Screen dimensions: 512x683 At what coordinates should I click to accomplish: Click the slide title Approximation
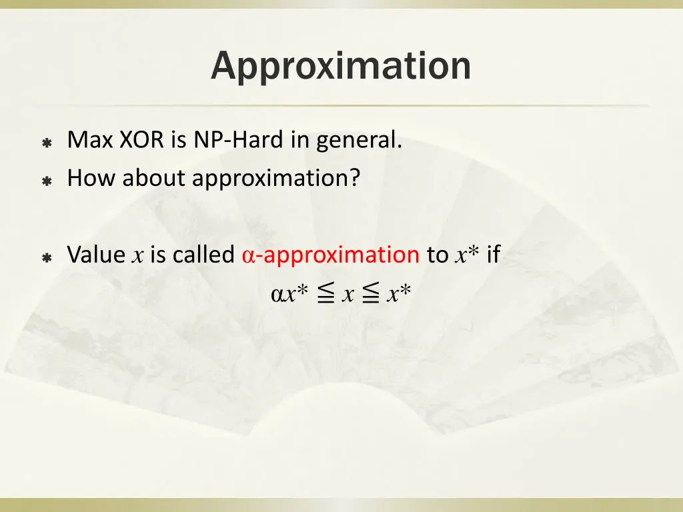point(341,66)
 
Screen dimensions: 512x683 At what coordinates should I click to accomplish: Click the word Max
point(91,141)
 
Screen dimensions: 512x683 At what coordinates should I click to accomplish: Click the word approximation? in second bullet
point(276,179)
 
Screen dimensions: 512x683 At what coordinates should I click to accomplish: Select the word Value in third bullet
point(96,255)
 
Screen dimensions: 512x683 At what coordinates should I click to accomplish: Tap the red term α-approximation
point(329,255)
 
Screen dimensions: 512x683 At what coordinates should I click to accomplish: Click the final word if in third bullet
point(493,255)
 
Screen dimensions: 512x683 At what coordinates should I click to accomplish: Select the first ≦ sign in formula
point(325,294)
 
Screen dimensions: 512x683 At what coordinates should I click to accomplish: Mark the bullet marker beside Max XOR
point(47,143)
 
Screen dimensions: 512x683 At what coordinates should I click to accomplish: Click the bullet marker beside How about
point(47,180)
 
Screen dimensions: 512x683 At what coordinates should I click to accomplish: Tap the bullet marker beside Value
point(47,257)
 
